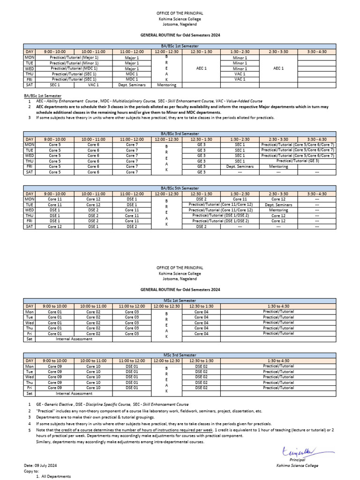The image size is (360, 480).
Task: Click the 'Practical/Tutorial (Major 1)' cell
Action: click(x=75, y=57)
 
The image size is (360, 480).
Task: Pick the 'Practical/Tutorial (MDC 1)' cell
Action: click(x=75, y=68)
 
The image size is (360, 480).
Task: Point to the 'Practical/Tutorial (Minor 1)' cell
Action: click(x=75, y=63)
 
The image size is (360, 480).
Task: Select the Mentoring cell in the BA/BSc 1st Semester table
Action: click(x=166, y=85)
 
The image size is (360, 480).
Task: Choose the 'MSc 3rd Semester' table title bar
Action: click(x=180, y=355)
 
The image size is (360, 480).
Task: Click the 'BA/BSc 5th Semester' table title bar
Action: click(x=180, y=188)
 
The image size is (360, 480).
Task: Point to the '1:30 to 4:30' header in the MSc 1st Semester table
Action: click(x=278, y=306)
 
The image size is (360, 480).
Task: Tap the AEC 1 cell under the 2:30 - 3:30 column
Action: click(x=278, y=68)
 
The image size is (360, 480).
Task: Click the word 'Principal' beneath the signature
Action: click(x=297, y=460)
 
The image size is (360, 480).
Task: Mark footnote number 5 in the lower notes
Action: click(x=29, y=430)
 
